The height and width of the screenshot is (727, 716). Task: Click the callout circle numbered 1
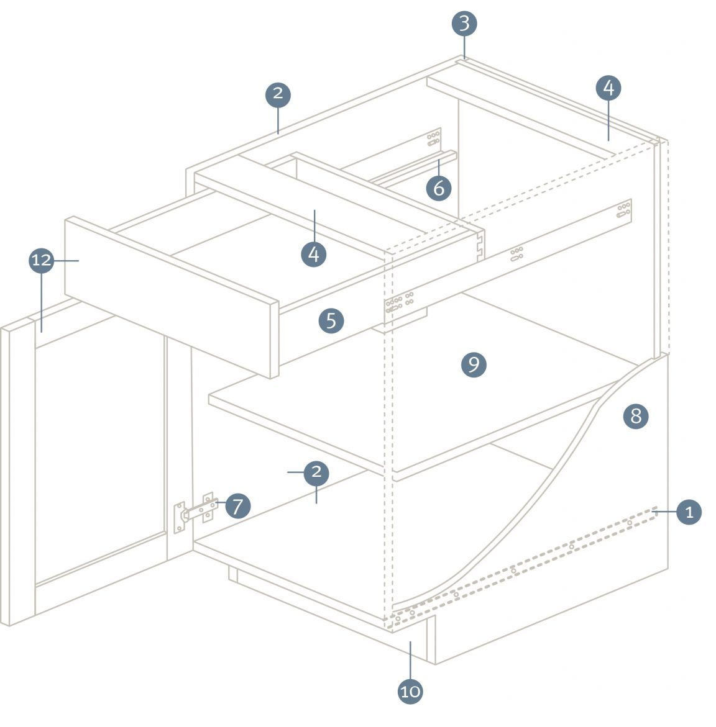[689, 512]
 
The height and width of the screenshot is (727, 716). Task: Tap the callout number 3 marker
[464, 24]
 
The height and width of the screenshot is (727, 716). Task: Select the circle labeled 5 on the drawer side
[331, 320]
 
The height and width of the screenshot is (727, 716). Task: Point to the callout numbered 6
[439, 187]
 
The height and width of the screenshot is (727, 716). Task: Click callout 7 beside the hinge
[237, 506]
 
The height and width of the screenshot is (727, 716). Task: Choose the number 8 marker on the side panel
[636, 416]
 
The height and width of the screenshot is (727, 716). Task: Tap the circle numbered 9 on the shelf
[474, 364]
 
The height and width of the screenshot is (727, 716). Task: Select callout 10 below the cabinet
[410, 691]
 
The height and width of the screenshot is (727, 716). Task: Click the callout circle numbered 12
[42, 260]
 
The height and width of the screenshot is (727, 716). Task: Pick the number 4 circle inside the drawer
[314, 254]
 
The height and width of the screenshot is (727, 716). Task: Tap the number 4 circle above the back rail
[608, 88]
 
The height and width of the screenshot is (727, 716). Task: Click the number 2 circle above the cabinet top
[278, 94]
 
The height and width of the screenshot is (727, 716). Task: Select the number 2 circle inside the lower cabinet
[316, 472]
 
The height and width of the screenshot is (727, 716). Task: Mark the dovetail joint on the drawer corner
[479, 246]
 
